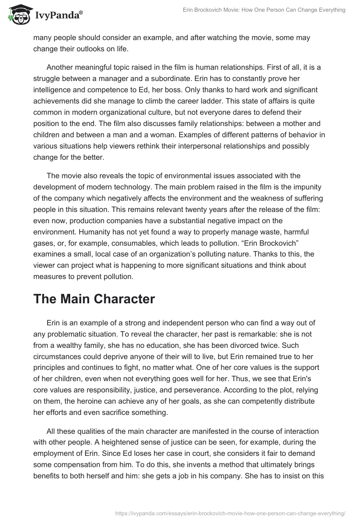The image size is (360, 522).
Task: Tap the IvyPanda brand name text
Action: pyautogui.click(x=58, y=16)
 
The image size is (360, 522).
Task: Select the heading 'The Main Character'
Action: pyautogui.click(x=94, y=299)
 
